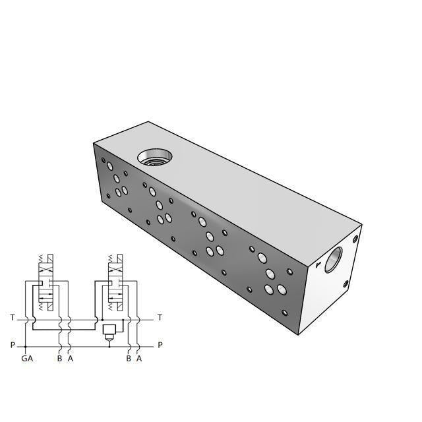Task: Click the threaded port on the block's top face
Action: click(154, 157)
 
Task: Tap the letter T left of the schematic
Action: click(12, 318)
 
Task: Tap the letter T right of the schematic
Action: click(160, 318)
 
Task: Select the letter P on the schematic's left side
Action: click(12, 345)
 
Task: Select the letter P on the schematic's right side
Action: click(160, 345)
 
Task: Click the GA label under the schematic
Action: click(26, 359)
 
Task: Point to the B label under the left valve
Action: click(59, 359)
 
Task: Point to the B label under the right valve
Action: click(129, 359)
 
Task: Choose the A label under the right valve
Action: click(138, 359)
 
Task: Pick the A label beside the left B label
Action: click(70, 359)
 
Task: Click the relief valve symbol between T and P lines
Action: click(109, 330)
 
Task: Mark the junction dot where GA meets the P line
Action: click(26, 345)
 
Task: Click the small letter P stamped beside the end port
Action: click(318, 266)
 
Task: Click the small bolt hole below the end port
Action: click(346, 285)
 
